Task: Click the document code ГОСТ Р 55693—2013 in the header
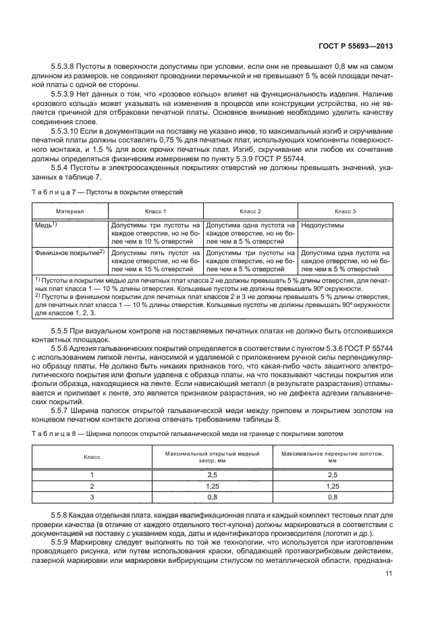coord(357,46)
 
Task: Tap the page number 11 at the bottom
coord(389,574)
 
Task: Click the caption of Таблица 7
coord(108,192)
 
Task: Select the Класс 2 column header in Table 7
coord(250,211)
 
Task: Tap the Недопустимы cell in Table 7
coord(323,227)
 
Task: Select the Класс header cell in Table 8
coord(92,457)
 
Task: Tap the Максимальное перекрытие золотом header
coord(332,457)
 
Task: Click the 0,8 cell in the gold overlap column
coord(332,497)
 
